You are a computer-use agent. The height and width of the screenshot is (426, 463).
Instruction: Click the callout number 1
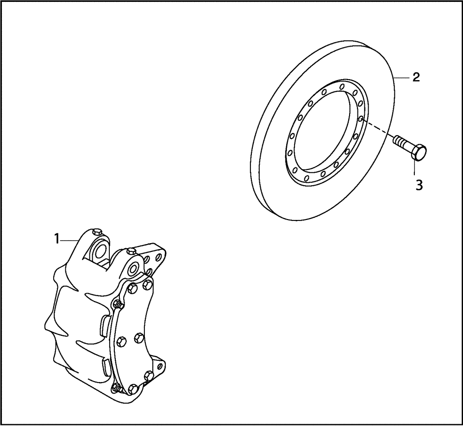coord(56,239)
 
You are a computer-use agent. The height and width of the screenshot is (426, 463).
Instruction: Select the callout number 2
coord(416,77)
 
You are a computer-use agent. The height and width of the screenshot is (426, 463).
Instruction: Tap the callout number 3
coord(419,185)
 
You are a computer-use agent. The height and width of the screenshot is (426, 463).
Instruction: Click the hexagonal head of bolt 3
coord(419,152)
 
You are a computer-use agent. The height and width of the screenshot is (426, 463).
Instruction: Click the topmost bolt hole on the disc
coord(341,86)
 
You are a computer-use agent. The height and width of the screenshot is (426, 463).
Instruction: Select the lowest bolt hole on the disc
coord(309,180)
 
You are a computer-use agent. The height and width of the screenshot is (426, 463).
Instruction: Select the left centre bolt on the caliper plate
coord(122,341)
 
